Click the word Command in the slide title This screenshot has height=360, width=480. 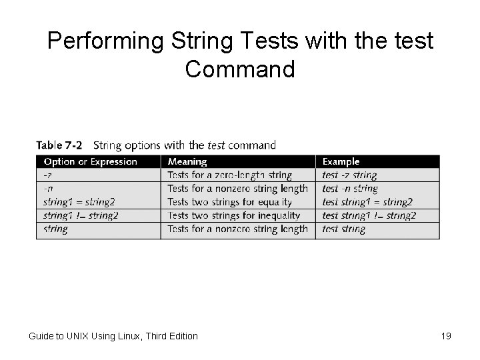(240, 69)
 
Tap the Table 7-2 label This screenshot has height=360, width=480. (59, 145)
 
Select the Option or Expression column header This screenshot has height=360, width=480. (91, 161)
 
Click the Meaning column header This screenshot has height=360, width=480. (187, 161)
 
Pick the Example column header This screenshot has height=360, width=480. (341, 161)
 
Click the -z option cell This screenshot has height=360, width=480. (48, 175)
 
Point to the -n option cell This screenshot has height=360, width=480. (48, 189)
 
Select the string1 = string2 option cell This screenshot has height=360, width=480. (79, 202)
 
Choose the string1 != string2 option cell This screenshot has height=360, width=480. (81, 215)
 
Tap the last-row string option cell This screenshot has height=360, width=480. (55, 229)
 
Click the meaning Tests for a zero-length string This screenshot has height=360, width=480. (229, 175)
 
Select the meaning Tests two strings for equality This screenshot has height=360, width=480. (229, 202)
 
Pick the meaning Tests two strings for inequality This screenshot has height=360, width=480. (233, 215)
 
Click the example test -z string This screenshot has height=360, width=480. (349, 175)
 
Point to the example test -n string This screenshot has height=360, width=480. (350, 189)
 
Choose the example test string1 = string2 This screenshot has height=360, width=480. (367, 202)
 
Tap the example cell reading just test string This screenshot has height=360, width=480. (343, 229)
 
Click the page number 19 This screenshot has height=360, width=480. (446, 336)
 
